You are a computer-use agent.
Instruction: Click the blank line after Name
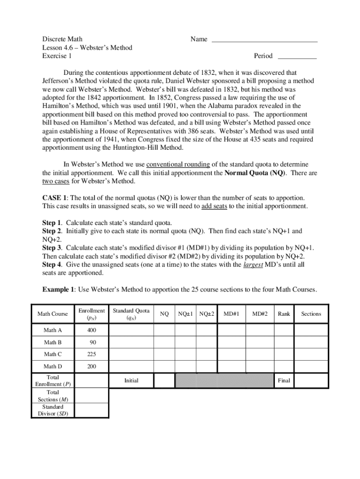265,41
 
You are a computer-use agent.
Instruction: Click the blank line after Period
297,58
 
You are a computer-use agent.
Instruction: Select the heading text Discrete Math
62,39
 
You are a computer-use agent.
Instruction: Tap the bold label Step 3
52,248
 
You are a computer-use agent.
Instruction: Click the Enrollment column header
92,314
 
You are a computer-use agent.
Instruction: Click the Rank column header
284,314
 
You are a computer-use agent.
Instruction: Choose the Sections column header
311,314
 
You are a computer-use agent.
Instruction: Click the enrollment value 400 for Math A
92,331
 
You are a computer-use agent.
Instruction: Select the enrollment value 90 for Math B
94,342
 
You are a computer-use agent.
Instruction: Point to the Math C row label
53,355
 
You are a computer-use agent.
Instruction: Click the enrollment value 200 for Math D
92,367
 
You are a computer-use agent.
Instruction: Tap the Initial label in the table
131,381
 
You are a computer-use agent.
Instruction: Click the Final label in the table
284,381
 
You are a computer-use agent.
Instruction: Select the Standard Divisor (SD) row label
53,410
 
